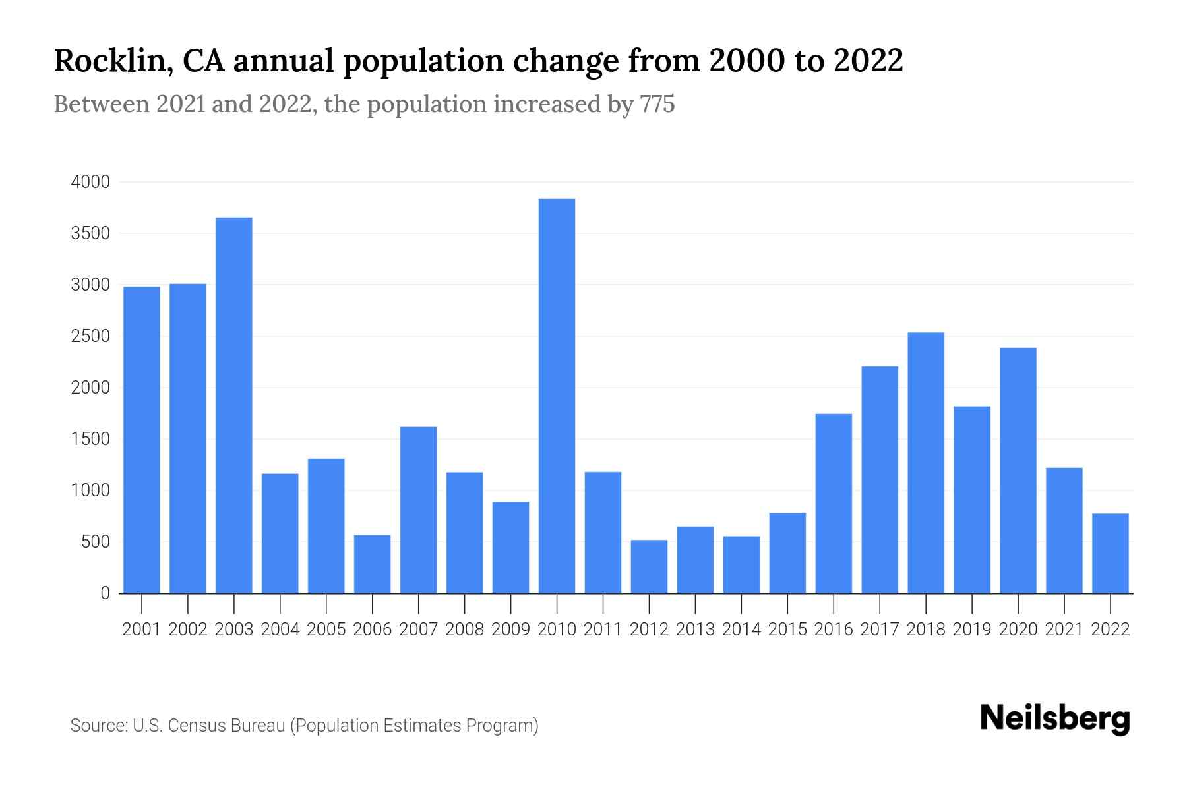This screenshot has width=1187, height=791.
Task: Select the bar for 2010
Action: pos(557,395)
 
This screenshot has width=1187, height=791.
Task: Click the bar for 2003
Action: pos(234,405)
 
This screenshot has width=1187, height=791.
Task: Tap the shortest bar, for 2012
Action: pos(649,567)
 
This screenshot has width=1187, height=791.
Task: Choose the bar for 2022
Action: pos(1111,554)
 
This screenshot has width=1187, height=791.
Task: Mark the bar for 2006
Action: pos(373,564)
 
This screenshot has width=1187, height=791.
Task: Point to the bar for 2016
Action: pos(834,504)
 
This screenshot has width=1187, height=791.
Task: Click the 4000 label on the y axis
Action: pos(90,182)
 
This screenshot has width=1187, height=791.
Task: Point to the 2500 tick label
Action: pos(90,336)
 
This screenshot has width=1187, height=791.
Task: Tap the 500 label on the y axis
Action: pos(95,542)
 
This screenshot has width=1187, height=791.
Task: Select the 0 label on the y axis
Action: pos(105,593)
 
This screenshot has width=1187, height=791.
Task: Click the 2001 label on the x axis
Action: pos(142,630)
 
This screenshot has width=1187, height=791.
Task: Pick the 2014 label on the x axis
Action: pos(741,630)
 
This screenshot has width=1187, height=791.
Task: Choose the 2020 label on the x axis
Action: pos(1018,630)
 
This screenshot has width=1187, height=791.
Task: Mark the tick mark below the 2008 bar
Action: pos(465,602)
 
